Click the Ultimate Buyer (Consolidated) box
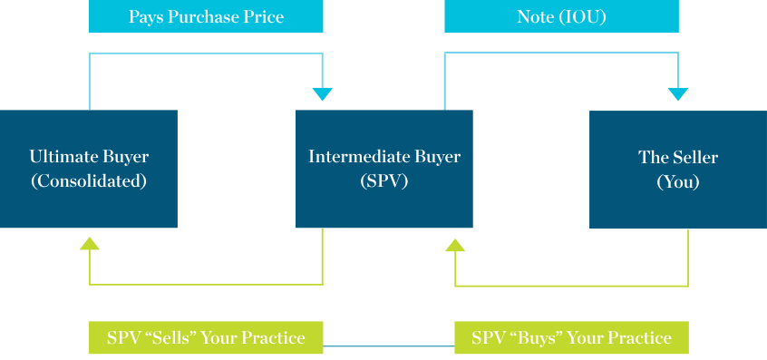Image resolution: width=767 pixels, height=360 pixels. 89,169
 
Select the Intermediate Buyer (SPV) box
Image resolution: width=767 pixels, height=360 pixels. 383,169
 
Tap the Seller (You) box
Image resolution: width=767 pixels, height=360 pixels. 678,169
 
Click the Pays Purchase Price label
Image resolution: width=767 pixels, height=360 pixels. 206,17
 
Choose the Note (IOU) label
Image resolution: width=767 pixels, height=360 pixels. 561,17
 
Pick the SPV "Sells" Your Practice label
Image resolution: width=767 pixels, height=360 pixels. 206,337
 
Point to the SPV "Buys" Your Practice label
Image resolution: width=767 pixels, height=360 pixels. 571,337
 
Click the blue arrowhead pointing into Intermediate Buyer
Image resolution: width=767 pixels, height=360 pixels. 323,94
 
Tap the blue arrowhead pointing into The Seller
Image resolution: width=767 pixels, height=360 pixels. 678,94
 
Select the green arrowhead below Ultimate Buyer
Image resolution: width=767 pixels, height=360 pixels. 89,243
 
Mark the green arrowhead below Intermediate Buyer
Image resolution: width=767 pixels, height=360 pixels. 455,244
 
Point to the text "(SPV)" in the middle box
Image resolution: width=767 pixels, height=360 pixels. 383,181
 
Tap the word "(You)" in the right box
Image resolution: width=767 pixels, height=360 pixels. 678,181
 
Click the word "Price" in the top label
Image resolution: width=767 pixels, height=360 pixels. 264,17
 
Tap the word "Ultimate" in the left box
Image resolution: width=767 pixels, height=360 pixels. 62,157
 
